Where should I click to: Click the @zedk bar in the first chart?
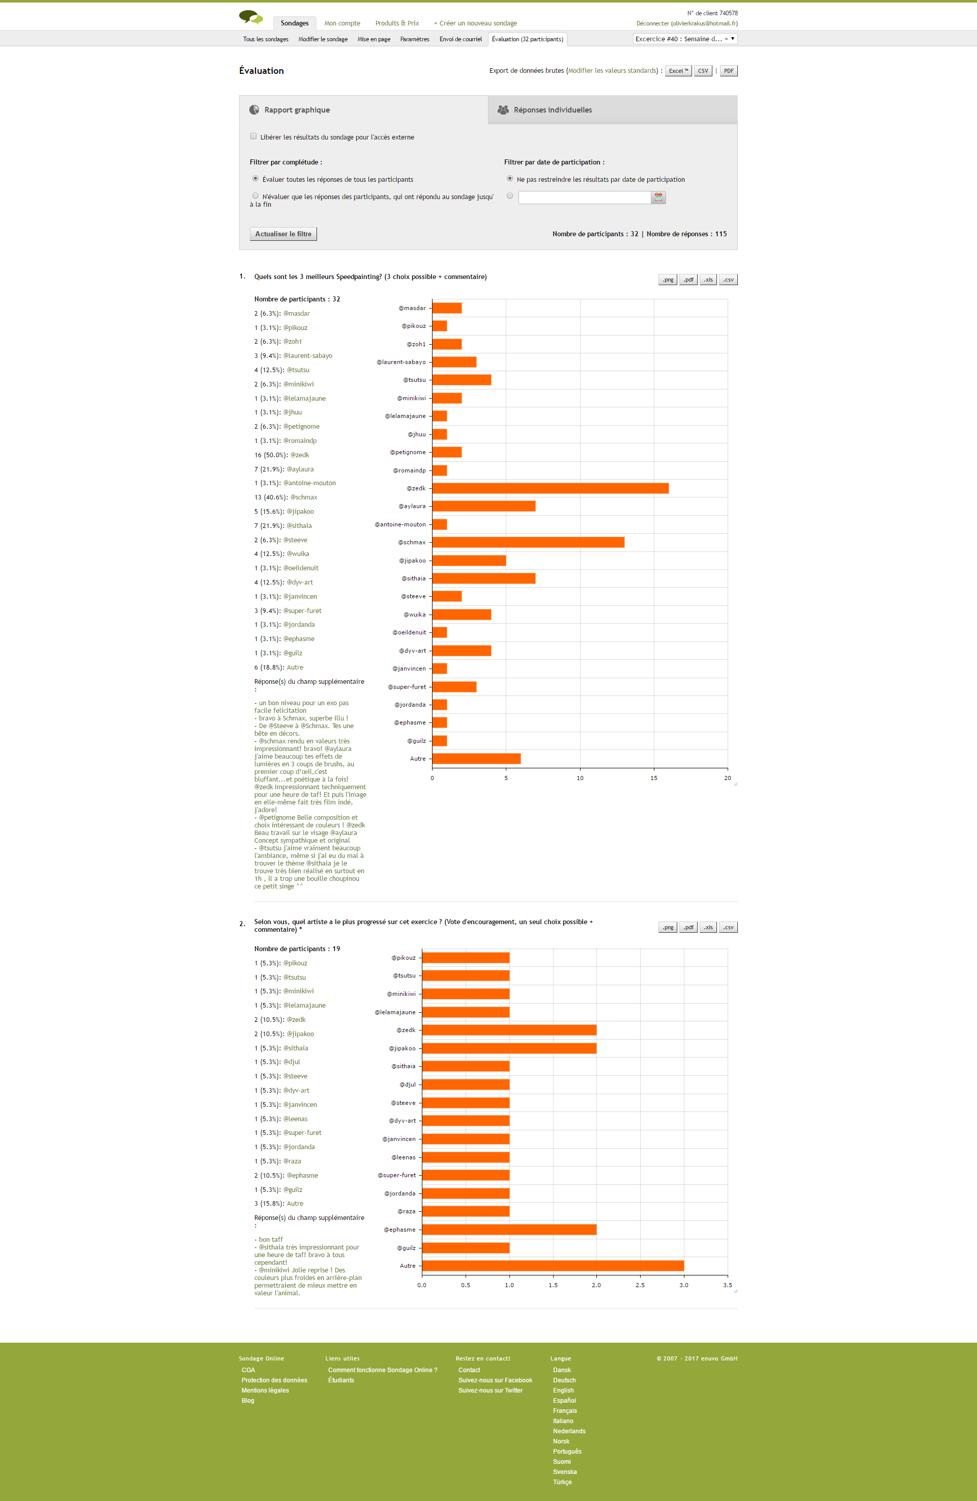(x=550, y=488)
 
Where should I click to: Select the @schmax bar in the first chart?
(x=528, y=542)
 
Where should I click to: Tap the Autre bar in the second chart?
(x=552, y=1266)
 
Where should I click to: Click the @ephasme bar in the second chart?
(x=509, y=1229)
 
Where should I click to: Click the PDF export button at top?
(x=729, y=71)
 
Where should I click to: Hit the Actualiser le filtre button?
(x=283, y=234)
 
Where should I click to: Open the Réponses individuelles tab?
(x=552, y=110)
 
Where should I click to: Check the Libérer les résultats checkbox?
(x=253, y=136)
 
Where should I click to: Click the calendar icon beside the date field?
(x=658, y=198)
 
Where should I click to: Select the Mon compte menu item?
(x=342, y=23)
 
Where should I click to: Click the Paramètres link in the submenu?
(x=415, y=39)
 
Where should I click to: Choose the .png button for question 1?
(x=668, y=280)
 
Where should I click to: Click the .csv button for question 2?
(x=728, y=927)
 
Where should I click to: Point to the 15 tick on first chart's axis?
(x=654, y=777)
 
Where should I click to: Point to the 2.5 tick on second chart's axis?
(x=640, y=1285)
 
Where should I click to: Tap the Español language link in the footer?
(x=564, y=1400)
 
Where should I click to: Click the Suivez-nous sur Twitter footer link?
(x=491, y=1390)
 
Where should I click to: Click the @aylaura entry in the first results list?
(x=300, y=469)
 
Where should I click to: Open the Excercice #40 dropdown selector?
(x=684, y=39)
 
